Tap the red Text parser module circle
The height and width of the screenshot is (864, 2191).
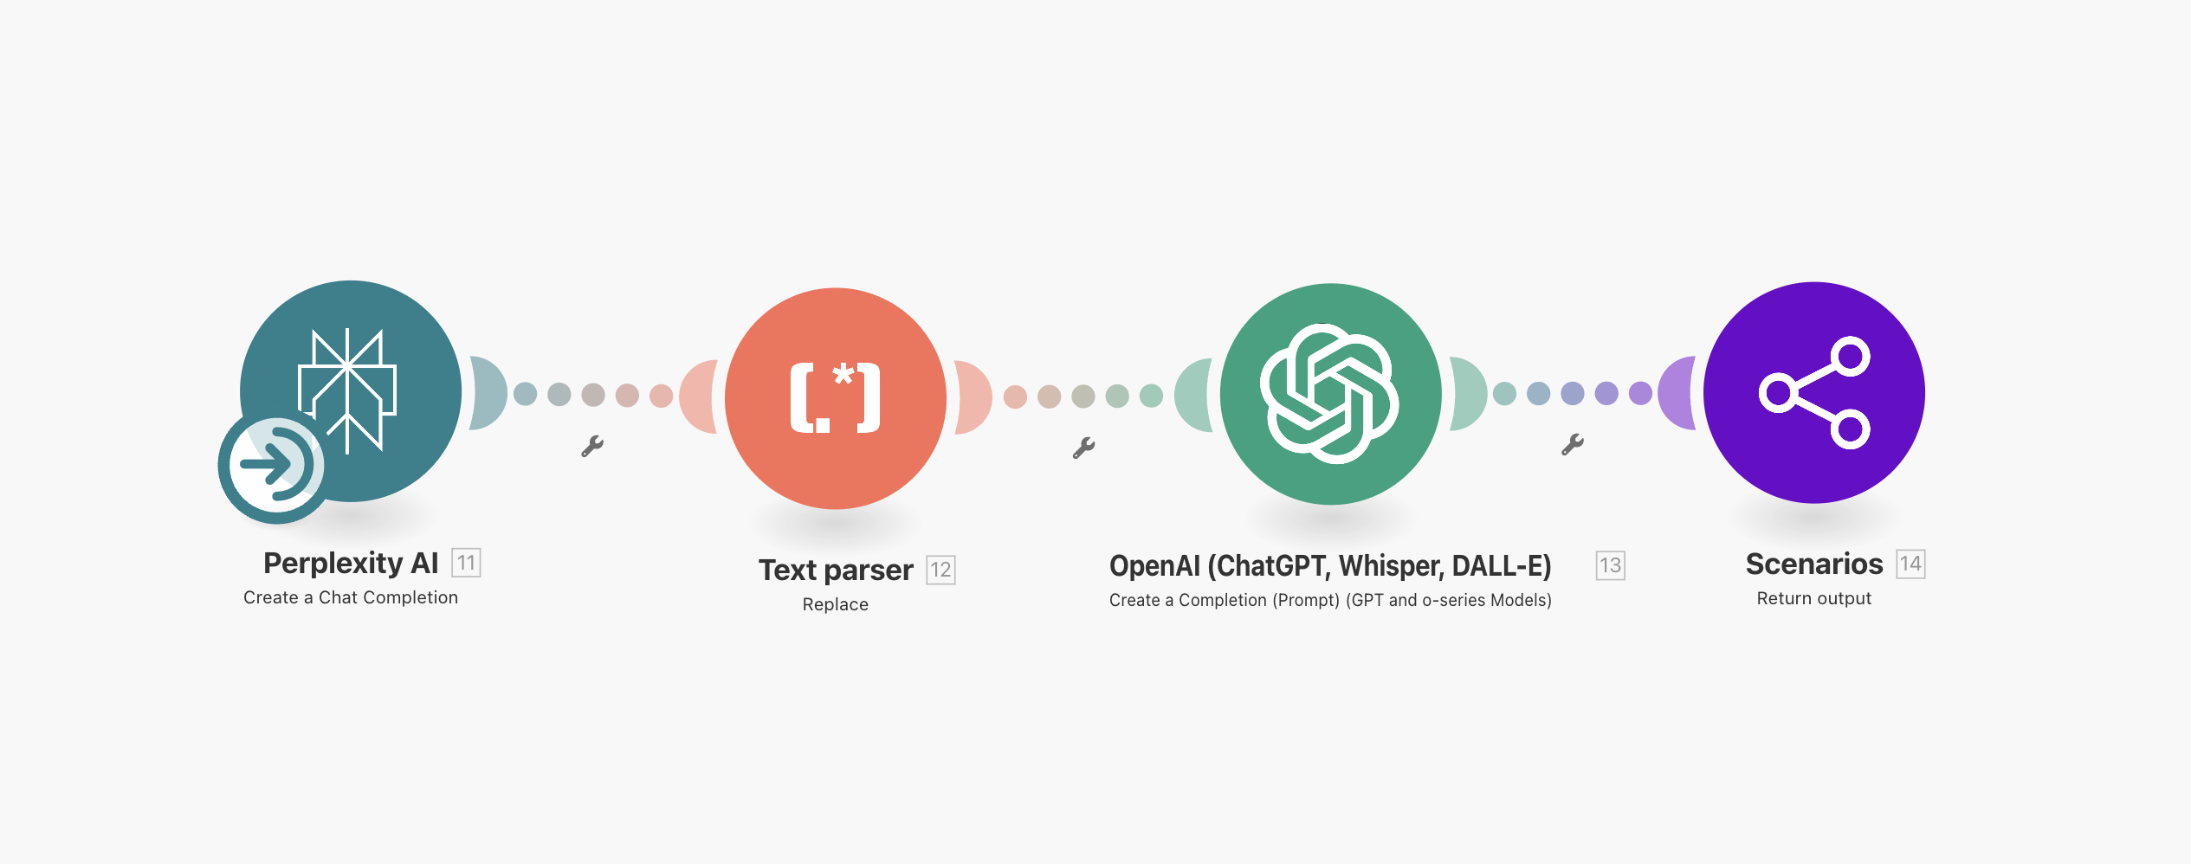(836, 398)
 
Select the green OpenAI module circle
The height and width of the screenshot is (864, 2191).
(1331, 394)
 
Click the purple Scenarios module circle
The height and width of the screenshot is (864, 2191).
(1814, 392)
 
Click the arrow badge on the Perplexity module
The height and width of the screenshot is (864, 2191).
(273, 466)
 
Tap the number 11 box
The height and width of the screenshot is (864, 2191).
(466, 563)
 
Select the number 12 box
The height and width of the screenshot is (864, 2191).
(940, 570)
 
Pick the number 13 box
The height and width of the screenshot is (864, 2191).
(1610, 565)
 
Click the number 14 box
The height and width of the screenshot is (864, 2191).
(1910, 564)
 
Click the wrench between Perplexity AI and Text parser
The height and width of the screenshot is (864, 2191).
(592, 446)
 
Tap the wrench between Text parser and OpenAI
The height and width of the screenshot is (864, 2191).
(1083, 448)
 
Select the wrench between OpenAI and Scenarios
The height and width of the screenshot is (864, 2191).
(1573, 444)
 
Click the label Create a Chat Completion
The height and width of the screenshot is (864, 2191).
(351, 597)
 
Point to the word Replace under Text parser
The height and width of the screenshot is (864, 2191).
(836, 604)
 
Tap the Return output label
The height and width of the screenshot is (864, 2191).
(1814, 598)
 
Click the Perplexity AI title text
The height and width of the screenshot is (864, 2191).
(351, 564)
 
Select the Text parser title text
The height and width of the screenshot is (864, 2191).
(836, 571)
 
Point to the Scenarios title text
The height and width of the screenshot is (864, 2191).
(1814, 564)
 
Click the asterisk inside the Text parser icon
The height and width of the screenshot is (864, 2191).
(843, 375)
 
